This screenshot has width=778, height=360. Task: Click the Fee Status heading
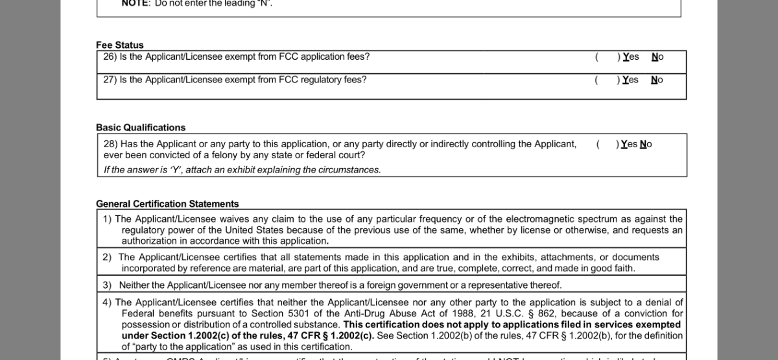[120, 45]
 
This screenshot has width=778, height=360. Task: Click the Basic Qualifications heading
[141, 128]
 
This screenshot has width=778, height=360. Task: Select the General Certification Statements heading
[167, 204]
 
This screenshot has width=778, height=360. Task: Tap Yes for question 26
[631, 57]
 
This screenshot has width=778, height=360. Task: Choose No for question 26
[657, 57]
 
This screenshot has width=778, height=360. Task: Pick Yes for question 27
[630, 80]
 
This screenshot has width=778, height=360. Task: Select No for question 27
[657, 80]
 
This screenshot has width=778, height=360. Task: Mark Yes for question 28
[629, 145]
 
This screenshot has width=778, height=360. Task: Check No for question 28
[646, 145]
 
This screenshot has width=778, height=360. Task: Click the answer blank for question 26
[607, 57]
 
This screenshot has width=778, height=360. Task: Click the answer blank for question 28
[607, 145]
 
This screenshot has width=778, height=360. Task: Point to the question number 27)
[110, 80]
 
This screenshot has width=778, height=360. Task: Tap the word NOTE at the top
[136, 3]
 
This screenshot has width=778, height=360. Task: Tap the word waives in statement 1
[235, 219]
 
